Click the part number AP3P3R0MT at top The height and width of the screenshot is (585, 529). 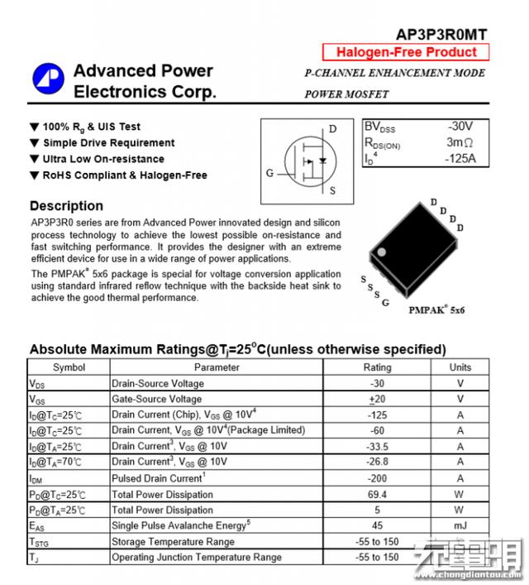click(x=441, y=34)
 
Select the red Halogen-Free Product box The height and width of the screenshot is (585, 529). click(x=406, y=52)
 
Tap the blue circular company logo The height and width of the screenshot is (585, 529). click(x=48, y=79)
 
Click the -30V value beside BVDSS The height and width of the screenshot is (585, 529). click(x=460, y=127)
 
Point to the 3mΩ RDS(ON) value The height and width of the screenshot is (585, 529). click(x=460, y=142)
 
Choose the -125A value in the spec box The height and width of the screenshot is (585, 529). click(x=460, y=158)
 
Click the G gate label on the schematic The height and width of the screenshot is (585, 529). click(x=269, y=173)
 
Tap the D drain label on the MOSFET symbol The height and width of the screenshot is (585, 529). click(x=332, y=129)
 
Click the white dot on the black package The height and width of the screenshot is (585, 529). click(x=381, y=252)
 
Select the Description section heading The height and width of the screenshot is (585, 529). click(x=66, y=206)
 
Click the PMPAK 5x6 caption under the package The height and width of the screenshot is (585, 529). click(x=436, y=310)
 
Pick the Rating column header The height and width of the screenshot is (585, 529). click(x=377, y=367)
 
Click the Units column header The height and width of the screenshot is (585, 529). click(x=460, y=367)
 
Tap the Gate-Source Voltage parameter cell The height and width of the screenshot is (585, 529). click(x=156, y=399)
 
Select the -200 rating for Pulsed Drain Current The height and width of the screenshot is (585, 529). click(x=377, y=478)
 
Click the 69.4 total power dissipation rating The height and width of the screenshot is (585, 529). click(x=377, y=494)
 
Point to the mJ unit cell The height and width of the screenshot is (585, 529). click(x=460, y=525)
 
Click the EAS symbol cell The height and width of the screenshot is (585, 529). click(x=37, y=525)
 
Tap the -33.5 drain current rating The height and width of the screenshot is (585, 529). click(x=377, y=447)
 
